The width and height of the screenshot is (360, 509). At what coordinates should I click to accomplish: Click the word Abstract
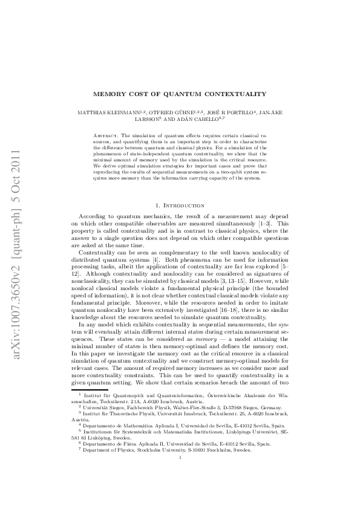point(106,132)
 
